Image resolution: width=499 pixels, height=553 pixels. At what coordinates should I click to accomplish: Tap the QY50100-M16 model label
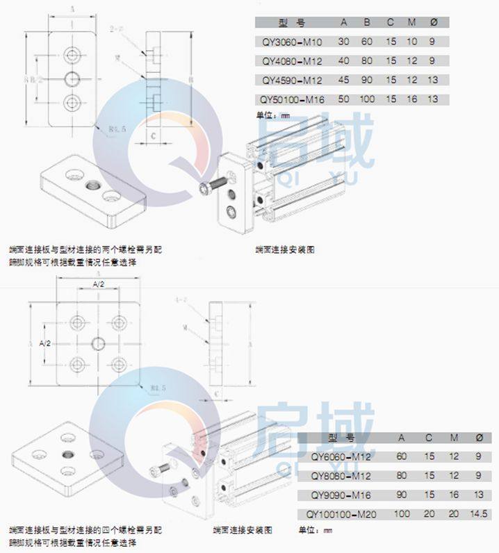[x=287, y=99]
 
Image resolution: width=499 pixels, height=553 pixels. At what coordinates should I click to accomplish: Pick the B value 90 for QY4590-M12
[x=367, y=79]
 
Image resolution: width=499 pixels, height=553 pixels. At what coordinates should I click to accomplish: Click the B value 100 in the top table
[x=367, y=99]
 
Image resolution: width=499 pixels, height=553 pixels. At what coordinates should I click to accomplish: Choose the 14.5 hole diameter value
[x=477, y=514]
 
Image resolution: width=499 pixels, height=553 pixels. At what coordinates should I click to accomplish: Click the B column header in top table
[x=367, y=22]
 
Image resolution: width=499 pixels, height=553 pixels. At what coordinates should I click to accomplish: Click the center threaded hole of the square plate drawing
[x=97, y=342]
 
